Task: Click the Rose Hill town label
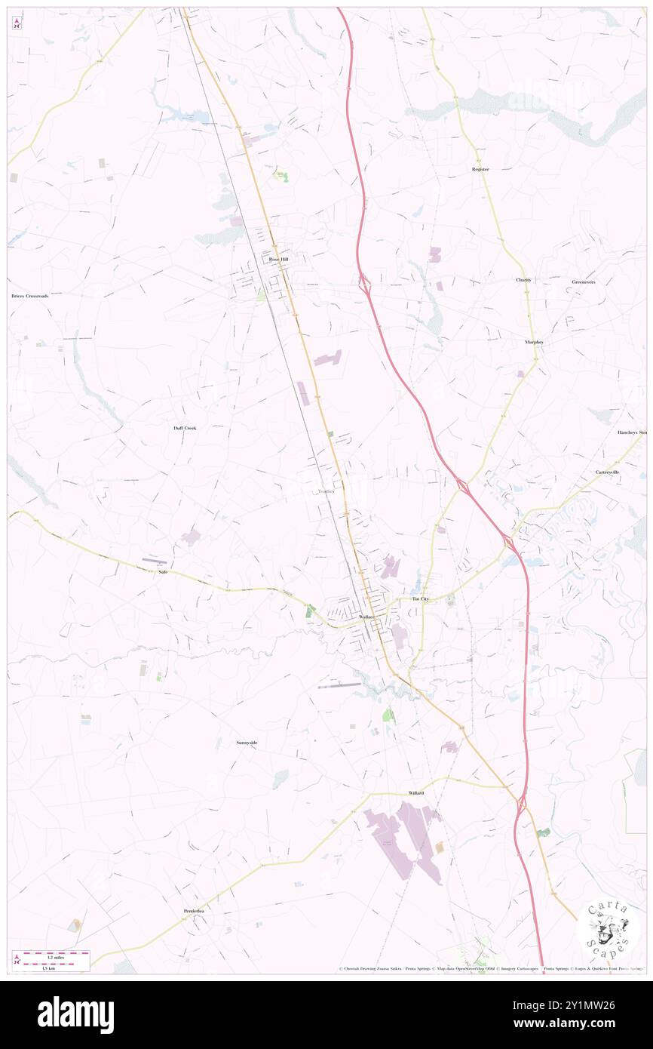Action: coord(278,259)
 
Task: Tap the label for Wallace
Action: coord(366,617)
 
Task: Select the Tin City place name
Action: coord(420,598)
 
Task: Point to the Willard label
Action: coord(416,793)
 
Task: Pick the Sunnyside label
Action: coord(247,743)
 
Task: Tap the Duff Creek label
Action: coord(185,428)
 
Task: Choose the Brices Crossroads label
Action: coord(30,296)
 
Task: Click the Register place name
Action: coord(480,169)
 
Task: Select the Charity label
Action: coord(523,280)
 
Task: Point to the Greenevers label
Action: coord(584,281)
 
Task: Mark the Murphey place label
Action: coord(534,342)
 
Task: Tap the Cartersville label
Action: coord(607,472)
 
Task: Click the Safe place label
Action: coord(162,572)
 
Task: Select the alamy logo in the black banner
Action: coord(75,1015)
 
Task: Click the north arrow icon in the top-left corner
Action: coord(17,24)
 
